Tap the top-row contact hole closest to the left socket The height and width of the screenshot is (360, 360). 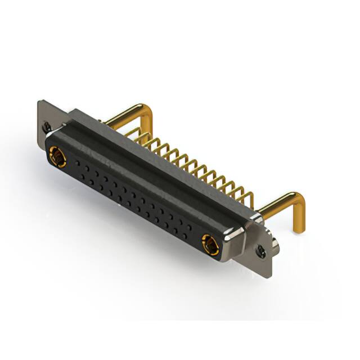click(x=77, y=162)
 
